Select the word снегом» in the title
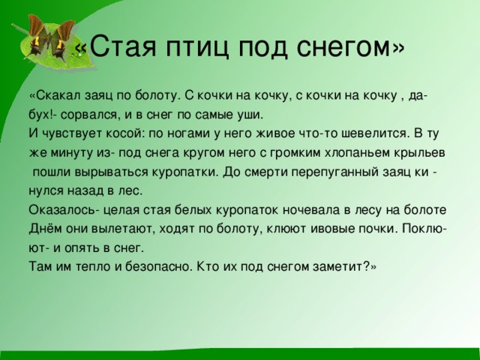(x=353, y=47)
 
